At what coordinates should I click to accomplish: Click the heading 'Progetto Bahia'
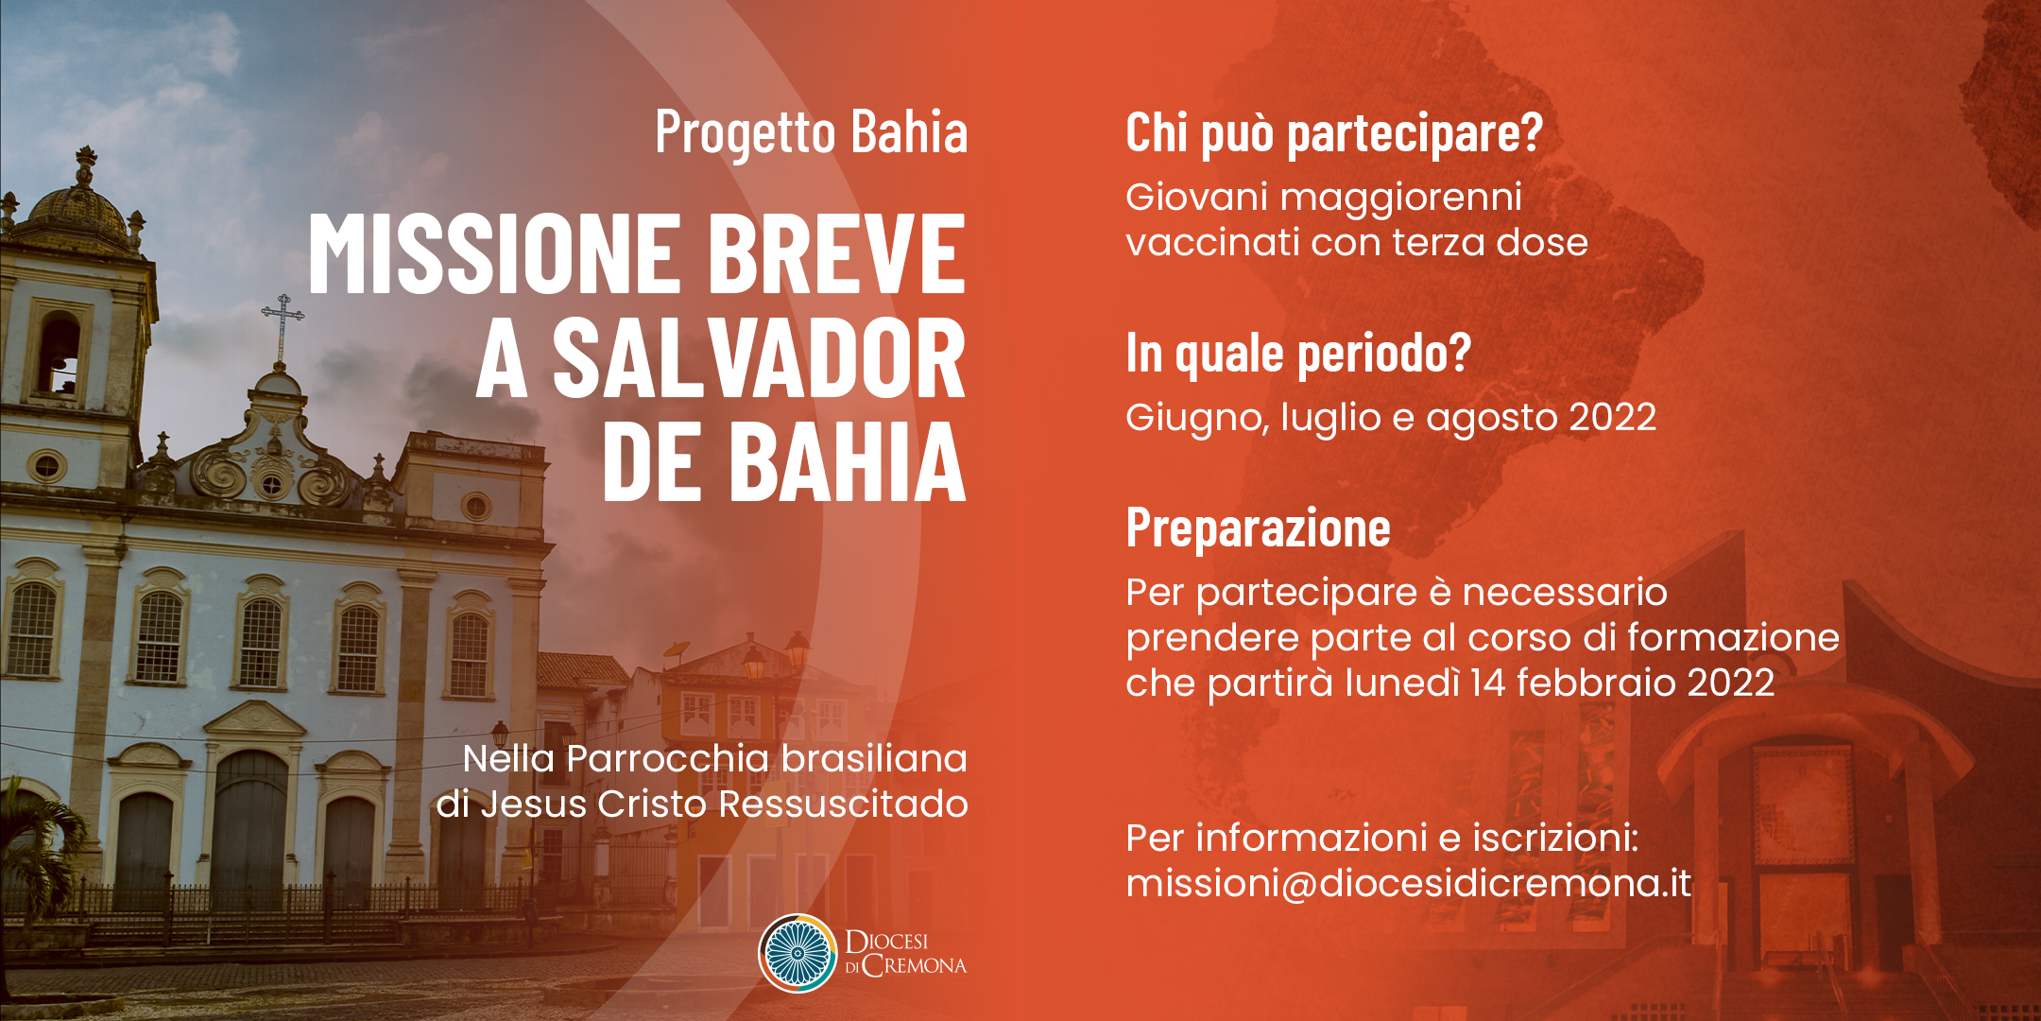click(x=812, y=132)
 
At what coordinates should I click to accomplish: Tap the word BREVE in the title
click(x=836, y=252)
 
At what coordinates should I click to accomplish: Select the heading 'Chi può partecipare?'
click(x=1334, y=133)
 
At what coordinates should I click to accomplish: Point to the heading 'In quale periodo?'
click(x=1298, y=354)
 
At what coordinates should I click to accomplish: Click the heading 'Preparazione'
click(x=1258, y=528)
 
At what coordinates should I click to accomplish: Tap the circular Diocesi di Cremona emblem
click(x=798, y=953)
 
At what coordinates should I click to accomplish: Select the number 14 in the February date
click(x=1488, y=683)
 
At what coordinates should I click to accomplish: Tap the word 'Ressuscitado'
click(x=844, y=805)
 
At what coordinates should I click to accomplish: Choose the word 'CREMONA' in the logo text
click(x=915, y=966)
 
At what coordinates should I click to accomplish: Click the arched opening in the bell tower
click(x=59, y=355)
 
